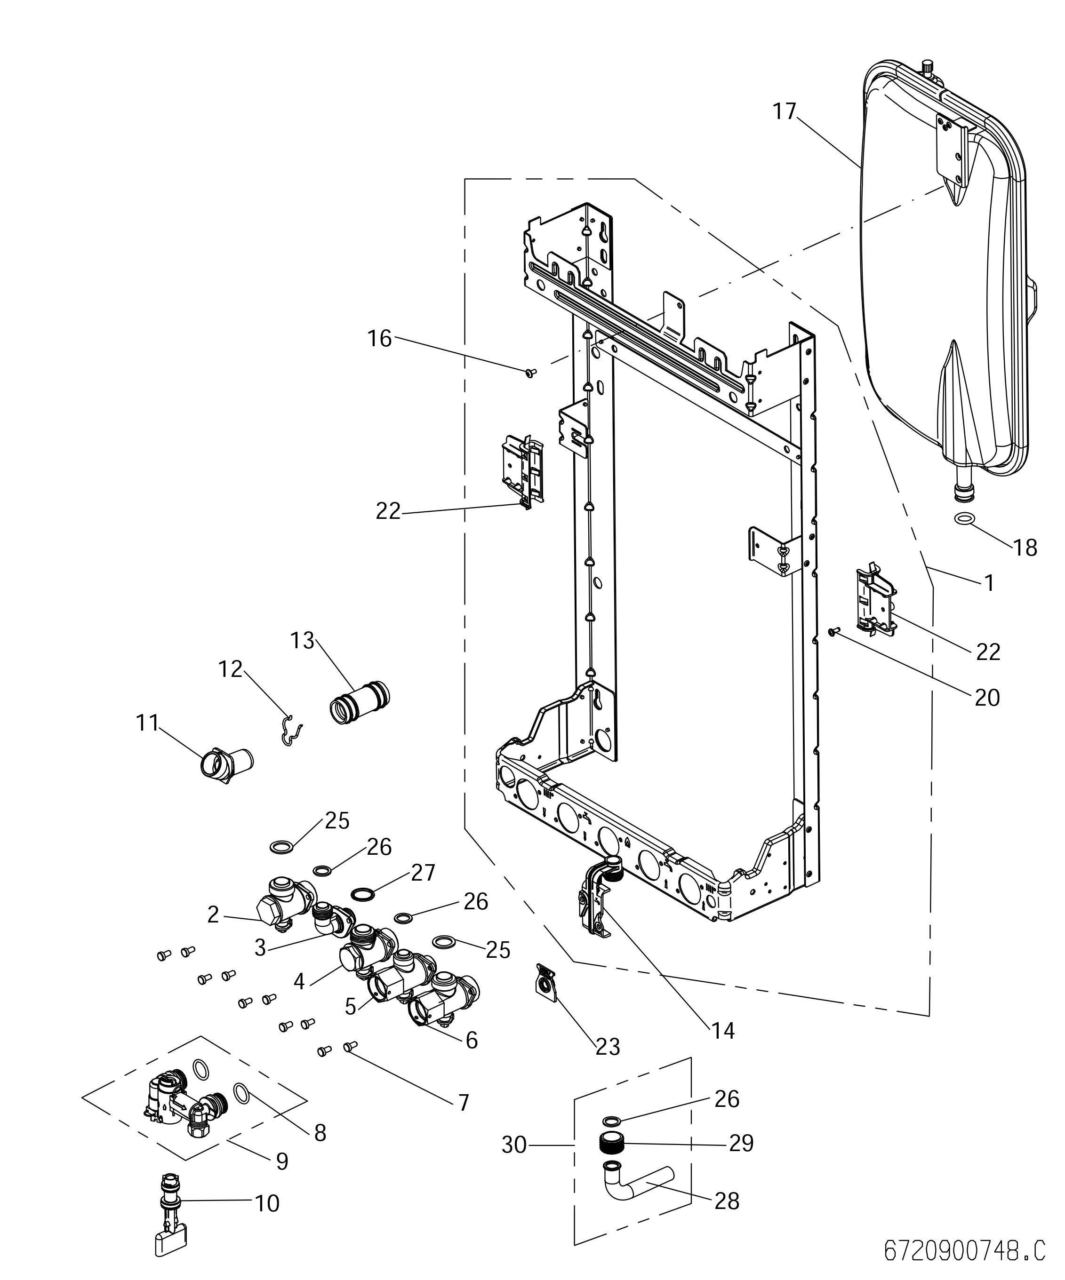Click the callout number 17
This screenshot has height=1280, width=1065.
pyautogui.click(x=785, y=111)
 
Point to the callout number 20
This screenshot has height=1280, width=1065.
pyautogui.click(x=987, y=697)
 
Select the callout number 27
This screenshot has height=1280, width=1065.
pyautogui.click(x=423, y=873)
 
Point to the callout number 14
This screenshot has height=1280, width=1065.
pyautogui.click(x=723, y=1031)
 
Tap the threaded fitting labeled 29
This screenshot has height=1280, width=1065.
pyautogui.click(x=613, y=1142)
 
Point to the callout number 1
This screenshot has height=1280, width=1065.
pyautogui.click(x=989, y=583)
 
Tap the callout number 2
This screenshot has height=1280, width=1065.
pyautogui.click(x=213, y=915)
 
